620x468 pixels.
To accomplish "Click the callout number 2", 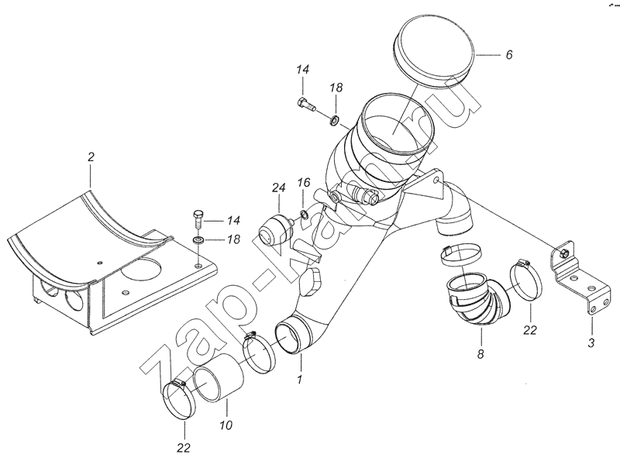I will point(91,157).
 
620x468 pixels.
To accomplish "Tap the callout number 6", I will point(508,55).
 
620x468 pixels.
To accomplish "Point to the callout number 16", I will point(304,182).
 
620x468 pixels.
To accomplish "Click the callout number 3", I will point(591,343).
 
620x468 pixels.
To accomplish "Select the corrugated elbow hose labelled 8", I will point(473,298).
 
